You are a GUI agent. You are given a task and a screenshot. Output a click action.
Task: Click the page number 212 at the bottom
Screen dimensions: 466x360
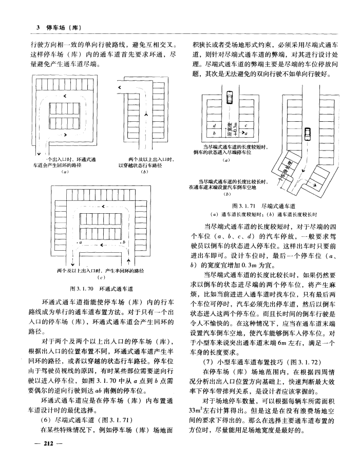tap(49, 442)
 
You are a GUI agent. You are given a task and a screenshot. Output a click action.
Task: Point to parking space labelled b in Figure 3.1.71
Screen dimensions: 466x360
tap(214, 133)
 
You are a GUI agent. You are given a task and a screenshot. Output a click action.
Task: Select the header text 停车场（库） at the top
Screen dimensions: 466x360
tap(65, 27)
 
